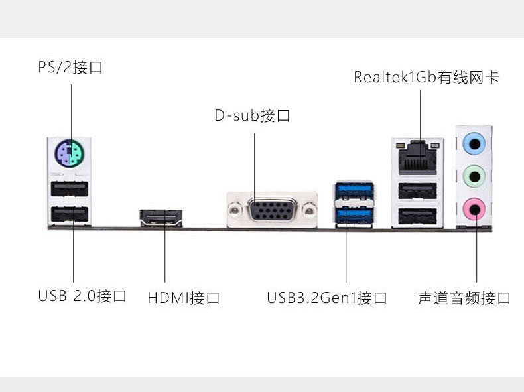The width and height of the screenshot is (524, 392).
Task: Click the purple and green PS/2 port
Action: point(69,153)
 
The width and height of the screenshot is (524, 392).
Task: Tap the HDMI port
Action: point(161,218)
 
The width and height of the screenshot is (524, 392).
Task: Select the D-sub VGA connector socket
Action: point(273,210)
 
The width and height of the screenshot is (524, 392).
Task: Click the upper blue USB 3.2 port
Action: point(355,190)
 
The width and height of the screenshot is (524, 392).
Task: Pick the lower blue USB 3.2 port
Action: point(355,216)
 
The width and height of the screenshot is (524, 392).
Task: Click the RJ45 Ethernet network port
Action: point(417,157)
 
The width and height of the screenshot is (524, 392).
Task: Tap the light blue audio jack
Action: point(474,144)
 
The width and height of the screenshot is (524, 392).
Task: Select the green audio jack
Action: point(474,176)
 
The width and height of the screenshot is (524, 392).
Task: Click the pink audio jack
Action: point(474,209)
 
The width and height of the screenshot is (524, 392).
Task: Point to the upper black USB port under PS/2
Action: point(70,189)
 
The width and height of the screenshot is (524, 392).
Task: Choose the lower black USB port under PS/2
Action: point(70,214)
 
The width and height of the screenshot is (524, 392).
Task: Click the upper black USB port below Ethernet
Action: point(417,191)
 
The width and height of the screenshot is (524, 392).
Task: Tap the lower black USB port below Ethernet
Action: point(417,216)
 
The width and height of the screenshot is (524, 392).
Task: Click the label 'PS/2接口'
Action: point(70,67)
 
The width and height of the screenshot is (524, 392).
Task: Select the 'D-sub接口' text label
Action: point(252,115)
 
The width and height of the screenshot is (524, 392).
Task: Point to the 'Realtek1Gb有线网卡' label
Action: point(426,77)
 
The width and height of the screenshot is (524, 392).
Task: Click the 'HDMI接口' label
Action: point(184,298)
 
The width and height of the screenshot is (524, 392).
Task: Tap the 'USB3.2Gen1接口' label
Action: point(327,298)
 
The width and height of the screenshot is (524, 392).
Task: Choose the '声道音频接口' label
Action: point(464,298)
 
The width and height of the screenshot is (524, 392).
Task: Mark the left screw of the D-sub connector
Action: point(235,210)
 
